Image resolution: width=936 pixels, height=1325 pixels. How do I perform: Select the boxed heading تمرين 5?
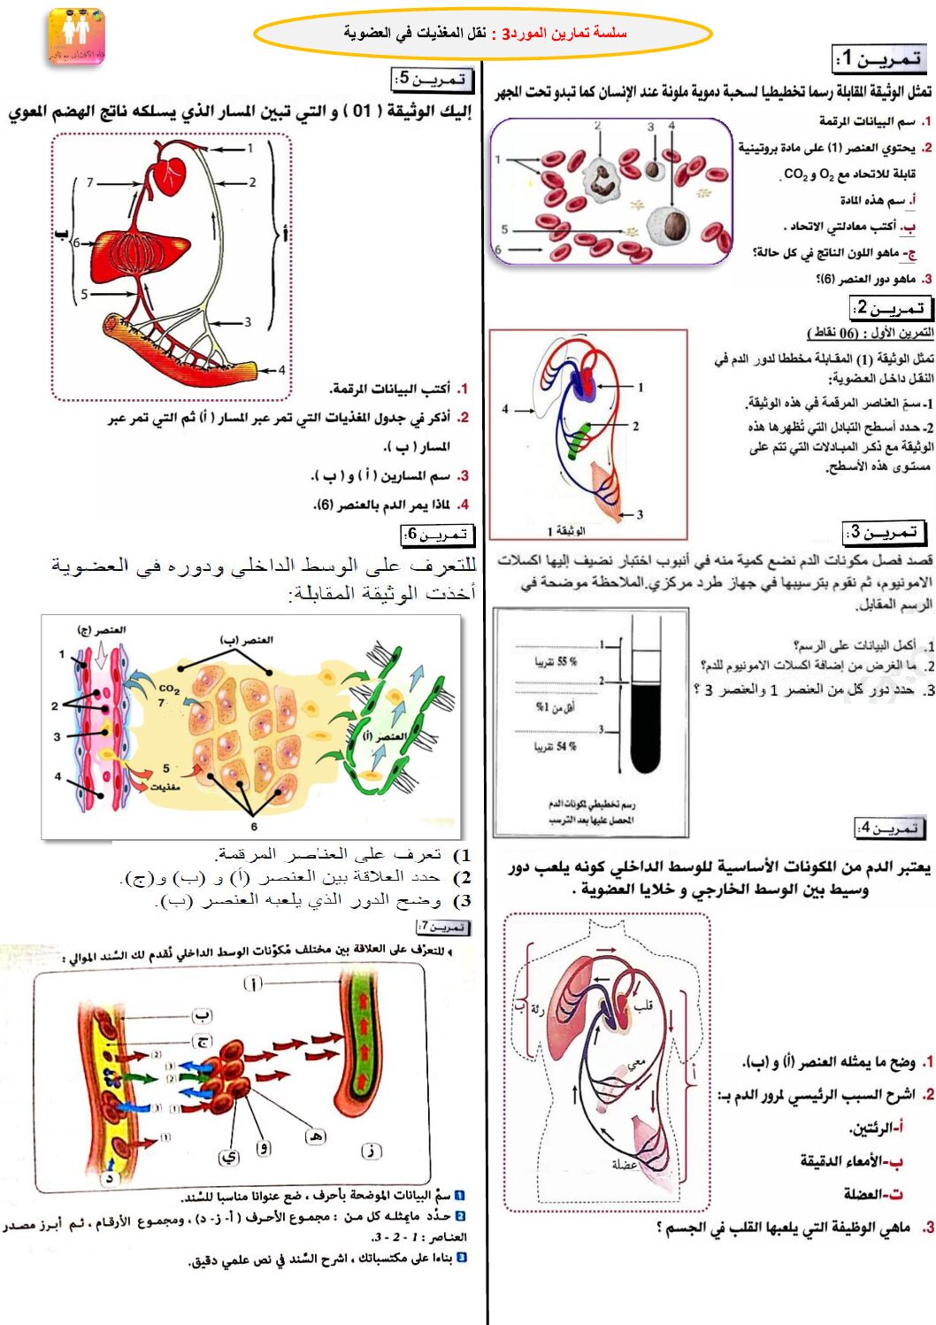coord(433,80)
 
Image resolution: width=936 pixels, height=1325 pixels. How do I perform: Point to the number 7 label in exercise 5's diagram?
coord(89,182)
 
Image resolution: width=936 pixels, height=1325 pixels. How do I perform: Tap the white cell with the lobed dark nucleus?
coord(603,179)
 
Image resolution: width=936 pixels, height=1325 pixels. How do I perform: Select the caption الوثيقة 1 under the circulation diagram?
coord(566,531)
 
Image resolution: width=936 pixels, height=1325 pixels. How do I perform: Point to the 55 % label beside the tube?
coord(555,662)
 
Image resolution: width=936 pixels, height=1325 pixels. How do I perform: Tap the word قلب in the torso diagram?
coord(643,1006)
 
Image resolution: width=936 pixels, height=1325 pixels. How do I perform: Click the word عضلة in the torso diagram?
coord(625,1164)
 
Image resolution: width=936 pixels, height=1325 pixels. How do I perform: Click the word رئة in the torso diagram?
coord(537,1008)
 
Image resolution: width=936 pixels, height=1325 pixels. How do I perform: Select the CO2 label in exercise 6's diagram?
coord(169,688)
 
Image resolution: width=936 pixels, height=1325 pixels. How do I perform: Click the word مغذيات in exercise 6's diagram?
coord(165,786)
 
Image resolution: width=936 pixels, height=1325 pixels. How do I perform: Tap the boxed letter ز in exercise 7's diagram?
coord(372,1151)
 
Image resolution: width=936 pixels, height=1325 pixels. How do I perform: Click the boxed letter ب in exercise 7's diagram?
coord(203,1015)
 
